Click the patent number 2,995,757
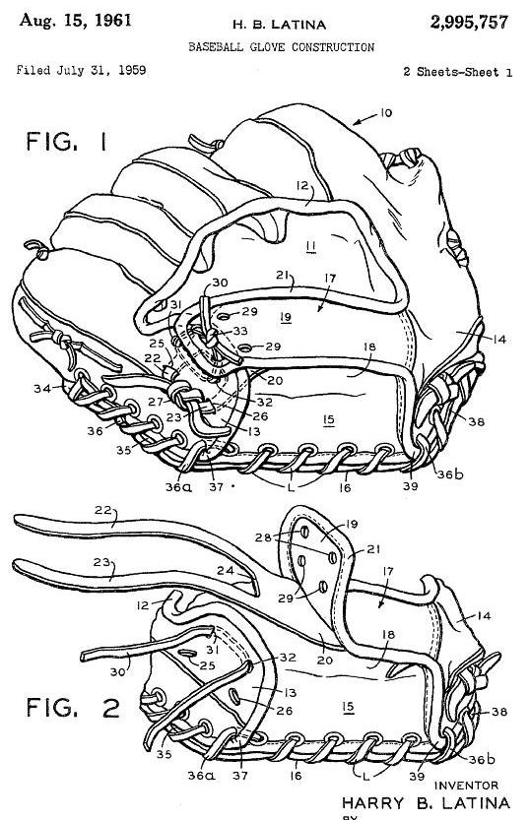(469, 22)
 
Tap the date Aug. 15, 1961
(75, 21)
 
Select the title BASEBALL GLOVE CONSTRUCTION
(281, 47)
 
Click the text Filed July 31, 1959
(81, 70)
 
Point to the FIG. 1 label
(66, 141)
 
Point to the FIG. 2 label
(73, 708)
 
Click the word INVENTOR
(466, 785)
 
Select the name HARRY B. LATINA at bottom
(426, 802)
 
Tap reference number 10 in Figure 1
(385, 112)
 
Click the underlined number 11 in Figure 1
(311, 245)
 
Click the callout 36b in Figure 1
(450, 474)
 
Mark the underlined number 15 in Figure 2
(348, 707)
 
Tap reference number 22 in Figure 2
(103, 509)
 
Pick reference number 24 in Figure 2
(226, 571)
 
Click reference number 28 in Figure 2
(263, 537)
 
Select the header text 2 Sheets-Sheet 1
(457, 72)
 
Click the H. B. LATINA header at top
(279, 25)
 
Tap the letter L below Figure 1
(291, 487)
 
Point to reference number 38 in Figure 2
(499, 711)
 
